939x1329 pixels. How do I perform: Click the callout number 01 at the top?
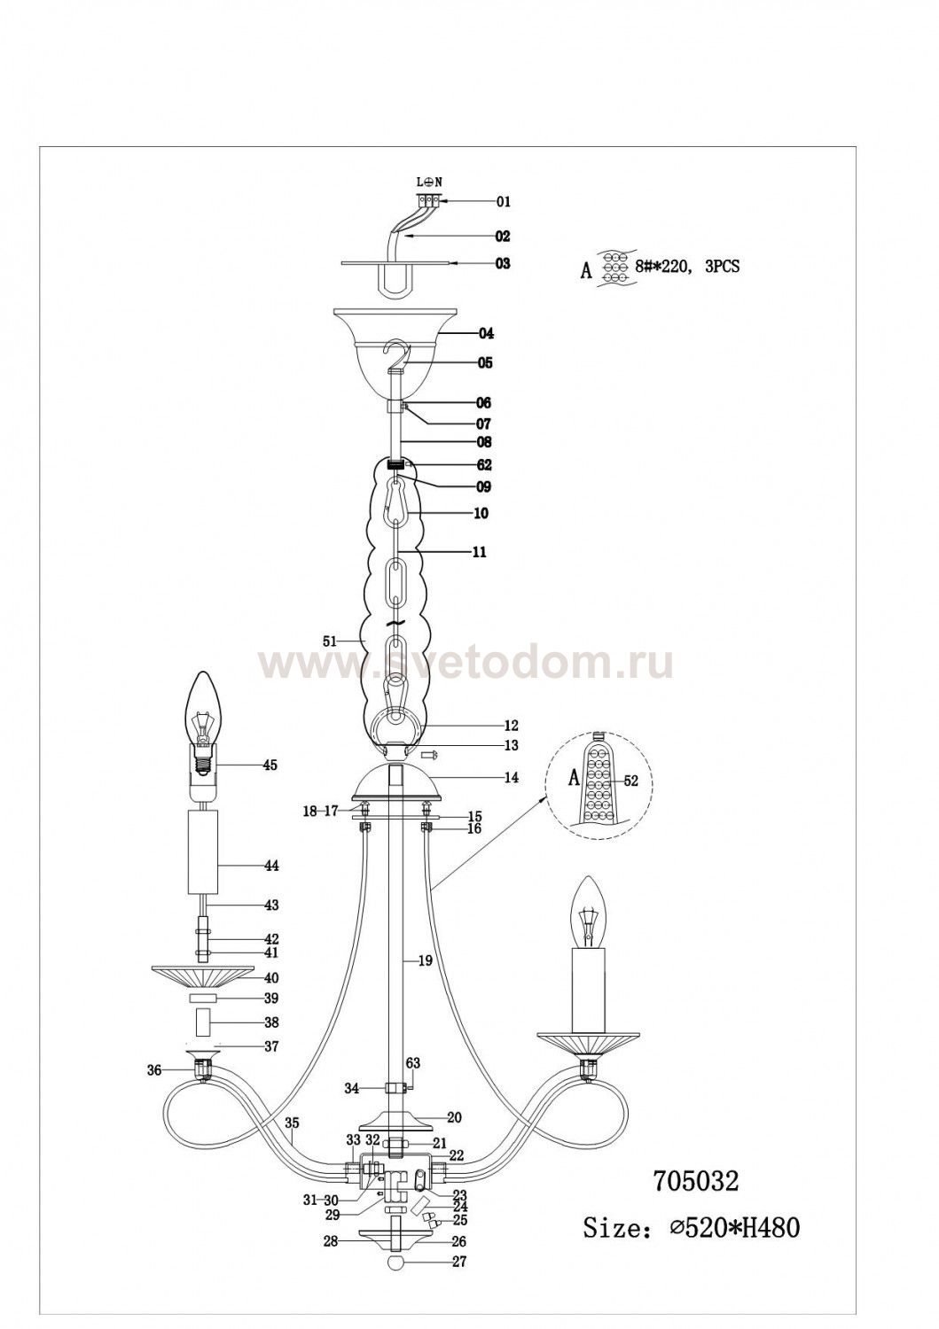(x=503, y=202)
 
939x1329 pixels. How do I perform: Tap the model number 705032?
(x=695, y=1181)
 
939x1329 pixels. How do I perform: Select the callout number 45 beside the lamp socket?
(x=270, y=766)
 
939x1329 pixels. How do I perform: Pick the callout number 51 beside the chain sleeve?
(x=330, y=641)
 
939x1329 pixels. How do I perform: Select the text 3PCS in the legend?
(x=722, y=267)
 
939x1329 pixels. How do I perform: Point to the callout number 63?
(x=413, y=1063)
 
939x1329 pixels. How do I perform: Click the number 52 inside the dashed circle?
(x=630, y=782)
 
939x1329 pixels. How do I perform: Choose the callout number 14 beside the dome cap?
(x=511, y=777)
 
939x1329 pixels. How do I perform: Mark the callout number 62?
(x=483, y=465)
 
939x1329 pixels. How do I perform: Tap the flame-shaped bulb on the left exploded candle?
(x=204, y=709)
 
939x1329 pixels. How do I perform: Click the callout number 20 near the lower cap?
(x=454, y=1118)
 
